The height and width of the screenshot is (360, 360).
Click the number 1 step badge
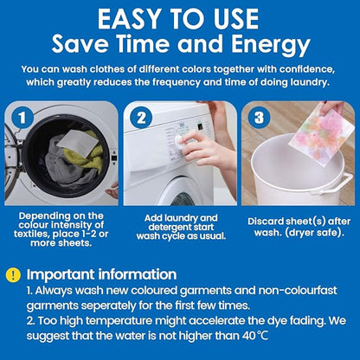point(22,118)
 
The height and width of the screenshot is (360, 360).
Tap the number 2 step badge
point(141,118)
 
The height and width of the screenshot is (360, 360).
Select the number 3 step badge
point(259,118)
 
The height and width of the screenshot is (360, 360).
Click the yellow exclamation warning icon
point(13,274)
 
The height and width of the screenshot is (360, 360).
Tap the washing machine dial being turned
point(179,141)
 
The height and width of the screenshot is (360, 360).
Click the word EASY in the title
point(129,19)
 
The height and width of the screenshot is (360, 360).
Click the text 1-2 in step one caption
point(87,234)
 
